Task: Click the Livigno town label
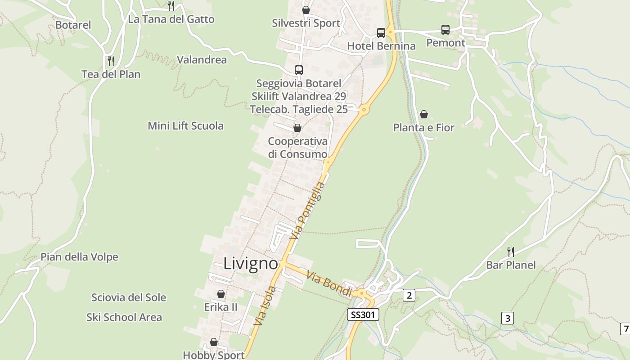(x=251, y=263)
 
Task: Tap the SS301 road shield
(x=363, y=315)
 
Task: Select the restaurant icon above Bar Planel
(x=511, y=252)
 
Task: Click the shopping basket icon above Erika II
(x=221, y=294)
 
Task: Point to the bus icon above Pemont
(x=445, y=30)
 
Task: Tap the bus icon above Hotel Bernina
(x=381, y=32)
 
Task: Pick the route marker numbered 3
(x=508, y=318)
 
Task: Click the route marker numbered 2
(x=409, y=295)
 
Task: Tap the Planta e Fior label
(x=424, y=128)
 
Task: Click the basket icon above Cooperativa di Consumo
(x=297, y=128)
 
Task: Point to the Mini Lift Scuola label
(x=185, y=126)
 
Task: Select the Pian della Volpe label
(x=79, y=257)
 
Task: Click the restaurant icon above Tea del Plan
(x=111, y=61)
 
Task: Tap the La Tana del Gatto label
(x=171, y=19)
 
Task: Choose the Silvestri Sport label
(x=306, y=23)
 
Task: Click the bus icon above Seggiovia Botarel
(x=299, y=70)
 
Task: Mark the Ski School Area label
(x=124, y=317)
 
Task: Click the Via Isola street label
(x=265, y=306)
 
